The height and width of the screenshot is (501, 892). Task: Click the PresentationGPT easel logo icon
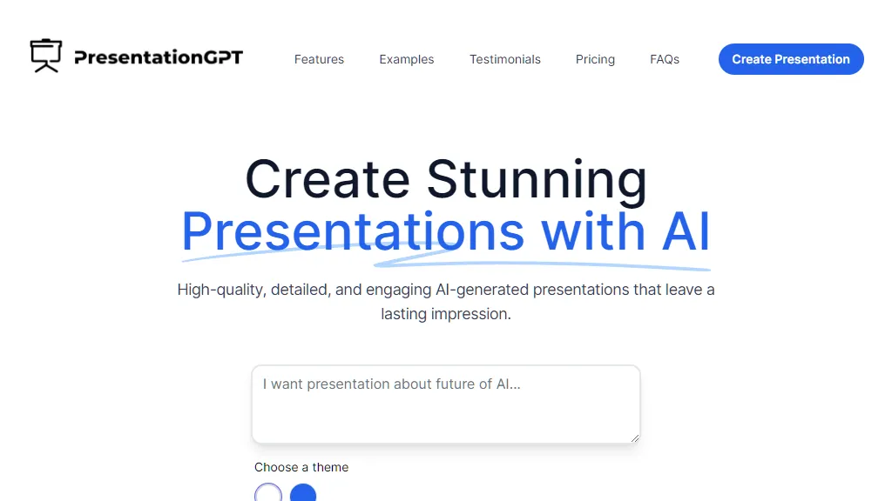pos(46,56)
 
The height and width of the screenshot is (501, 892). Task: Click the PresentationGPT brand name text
pos(159,58)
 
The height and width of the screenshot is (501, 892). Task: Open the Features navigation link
pos(319,59)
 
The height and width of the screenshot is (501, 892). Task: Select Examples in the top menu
pos(406,59)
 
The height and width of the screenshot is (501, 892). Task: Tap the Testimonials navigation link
pos(505,59)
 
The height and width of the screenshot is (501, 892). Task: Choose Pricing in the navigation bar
pos(595,59)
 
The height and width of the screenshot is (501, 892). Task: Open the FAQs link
pos(665,59)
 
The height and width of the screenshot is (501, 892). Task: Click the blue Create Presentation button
pos(791,59)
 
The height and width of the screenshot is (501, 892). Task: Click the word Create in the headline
pos(328,179)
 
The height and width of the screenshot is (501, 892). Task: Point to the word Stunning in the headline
pos(537,179)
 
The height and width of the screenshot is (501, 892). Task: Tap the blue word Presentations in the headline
pos(353,231)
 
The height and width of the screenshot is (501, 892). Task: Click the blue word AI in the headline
pos(686,231)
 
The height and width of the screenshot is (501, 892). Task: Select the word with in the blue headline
pos(591,231)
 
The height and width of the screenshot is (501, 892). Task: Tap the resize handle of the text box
pos(635,438)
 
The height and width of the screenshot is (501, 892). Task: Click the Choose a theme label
pos(301,467)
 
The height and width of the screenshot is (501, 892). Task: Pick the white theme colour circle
pos(268,494)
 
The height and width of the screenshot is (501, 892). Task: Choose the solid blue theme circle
pos(303,494)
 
